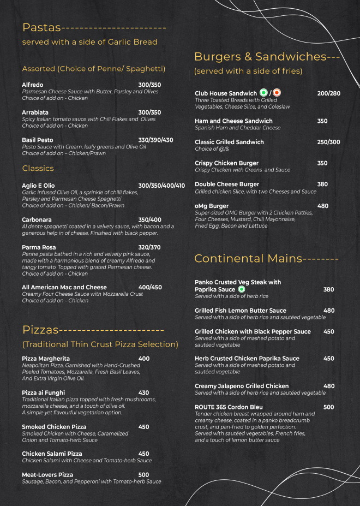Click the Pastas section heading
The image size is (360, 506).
[x=41, y=28]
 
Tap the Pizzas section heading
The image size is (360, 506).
[x=40, y=330]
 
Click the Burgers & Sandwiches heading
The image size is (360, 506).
[x=260, y=57]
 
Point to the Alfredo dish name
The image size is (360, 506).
[x=33, y=85]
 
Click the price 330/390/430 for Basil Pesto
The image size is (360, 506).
[x=155, y=140]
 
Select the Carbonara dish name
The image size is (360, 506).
[x=37, y=219]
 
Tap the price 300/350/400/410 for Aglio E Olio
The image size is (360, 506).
[x=161, y=186]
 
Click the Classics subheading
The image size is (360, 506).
[x=38, y=168]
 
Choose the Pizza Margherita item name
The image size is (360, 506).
[x=46, y=359]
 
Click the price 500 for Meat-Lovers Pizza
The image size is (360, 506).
[x=143, y=475]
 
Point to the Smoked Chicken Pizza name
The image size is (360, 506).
[x=54, y=427]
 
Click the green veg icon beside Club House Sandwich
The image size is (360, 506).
[x=263, y=93]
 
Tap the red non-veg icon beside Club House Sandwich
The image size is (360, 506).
[x=277, y=93]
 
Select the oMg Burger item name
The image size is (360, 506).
[x=212, y=206]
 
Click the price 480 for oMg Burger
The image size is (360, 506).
[x=322, y=206]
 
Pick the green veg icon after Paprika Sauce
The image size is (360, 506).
[x=242, y=289]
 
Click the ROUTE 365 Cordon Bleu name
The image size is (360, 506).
[x=229, y=407]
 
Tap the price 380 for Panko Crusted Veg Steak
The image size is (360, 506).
[x=328, y=289]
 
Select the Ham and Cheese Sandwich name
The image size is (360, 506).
[x=233, y=121]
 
